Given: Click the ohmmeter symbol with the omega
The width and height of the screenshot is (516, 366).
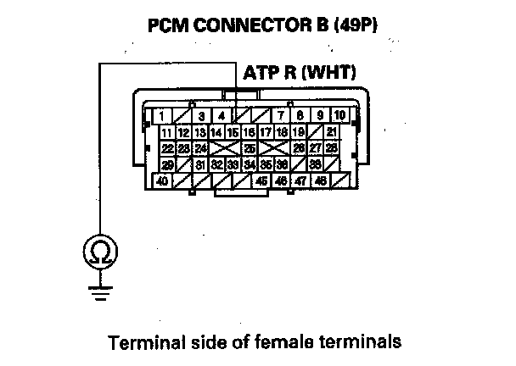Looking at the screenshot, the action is [x=99, y=252].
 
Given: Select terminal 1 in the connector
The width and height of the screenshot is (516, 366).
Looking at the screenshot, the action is [x=160, y=115].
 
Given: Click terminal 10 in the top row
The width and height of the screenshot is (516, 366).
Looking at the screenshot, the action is [x=339, y=115].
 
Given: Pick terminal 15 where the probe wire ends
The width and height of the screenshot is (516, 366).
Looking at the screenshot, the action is [x=232, y=132].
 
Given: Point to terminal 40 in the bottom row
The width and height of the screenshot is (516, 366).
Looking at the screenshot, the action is [x=160, y=180].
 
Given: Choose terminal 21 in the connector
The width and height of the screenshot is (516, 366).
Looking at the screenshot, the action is [x=331, y=132].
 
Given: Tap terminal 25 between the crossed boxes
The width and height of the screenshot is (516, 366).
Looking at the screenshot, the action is [x=250, y=148].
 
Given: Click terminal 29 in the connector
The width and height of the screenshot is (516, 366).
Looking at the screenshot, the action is [x=168, y=164].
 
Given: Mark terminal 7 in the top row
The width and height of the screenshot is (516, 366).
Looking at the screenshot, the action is [x=279, y=115].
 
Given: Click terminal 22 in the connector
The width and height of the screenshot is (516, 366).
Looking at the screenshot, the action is [x=167, y=148].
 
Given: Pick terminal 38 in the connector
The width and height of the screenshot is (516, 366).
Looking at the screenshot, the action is [x=315, y=164].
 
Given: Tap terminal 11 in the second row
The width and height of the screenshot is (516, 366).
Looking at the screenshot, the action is [x=167, y=132].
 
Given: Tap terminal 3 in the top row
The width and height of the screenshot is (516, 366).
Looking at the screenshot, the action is [x=200, y=115].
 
